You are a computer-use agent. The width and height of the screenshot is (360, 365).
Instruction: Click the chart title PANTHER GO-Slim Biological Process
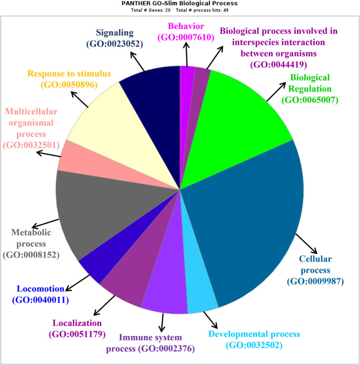click(179, 4)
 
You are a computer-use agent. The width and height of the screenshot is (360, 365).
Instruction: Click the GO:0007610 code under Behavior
click(183, 37)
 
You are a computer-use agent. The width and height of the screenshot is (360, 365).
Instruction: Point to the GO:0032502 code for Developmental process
click(254, 345)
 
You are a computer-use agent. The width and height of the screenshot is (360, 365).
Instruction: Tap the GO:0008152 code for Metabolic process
click(31, 255)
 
